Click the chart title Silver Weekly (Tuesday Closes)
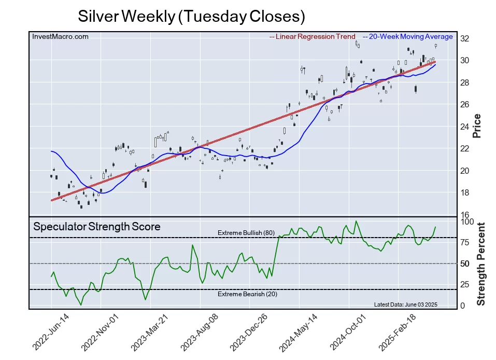click(x=191, y=17)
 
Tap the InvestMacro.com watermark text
click(x=60, y=36)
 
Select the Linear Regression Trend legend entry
click(x=313, y=37)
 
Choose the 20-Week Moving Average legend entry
click(x=408, y=37)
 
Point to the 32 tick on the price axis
click(x=465, y=38)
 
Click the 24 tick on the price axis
click(x=465, y=127)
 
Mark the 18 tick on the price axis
click(x=465, y=193)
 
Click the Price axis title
click(x=477, y=126)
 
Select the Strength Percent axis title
click(x=480, y=264)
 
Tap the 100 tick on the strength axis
click(x=467, y=221)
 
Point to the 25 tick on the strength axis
click(x=465, y=285)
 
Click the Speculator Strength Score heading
click(x=97, y=227)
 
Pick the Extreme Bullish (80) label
click(x=246, y=232)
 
